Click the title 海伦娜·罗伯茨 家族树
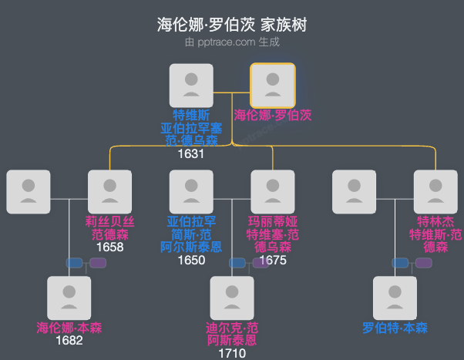point(232,25)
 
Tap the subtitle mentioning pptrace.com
point(232,42)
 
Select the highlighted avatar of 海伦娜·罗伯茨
point(273,85)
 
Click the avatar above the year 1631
point(191,85)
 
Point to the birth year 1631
point(191,153)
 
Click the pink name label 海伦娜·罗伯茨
point(273,115)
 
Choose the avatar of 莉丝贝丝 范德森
point(110,191)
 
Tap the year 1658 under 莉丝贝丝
point(110,247)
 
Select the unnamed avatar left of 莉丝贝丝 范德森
point(29,191)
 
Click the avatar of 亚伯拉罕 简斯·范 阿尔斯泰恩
point(191,191)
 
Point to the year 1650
point(191,260)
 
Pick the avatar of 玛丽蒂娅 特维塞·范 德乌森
point(273,191)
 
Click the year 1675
point(273,260)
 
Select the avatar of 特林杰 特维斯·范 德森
point(435,191)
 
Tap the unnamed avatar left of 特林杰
point(354,191)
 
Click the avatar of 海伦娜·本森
point(69,298)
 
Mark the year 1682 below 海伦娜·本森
point(69,341)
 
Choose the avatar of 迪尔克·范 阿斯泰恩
point(232,298)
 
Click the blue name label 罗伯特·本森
point(395,328)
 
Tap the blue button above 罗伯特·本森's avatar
point(400,263)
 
